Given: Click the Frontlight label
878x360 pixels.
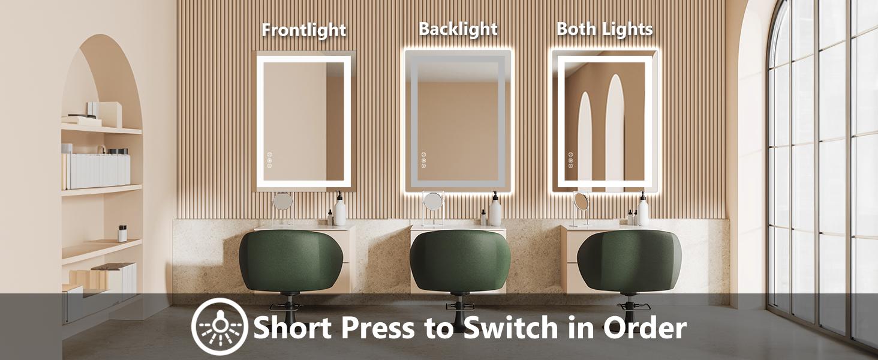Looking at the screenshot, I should (x=303, y=30).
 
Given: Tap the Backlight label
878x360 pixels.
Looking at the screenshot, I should (x=458, y=29).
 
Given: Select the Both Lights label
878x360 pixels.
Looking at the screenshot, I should (x=605, y=29).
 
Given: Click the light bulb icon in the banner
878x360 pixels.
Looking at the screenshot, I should (x=219, y=327).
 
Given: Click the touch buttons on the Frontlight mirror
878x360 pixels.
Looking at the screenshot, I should (x=270, y=160).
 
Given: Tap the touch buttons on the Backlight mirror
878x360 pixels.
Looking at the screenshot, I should (x=423, y=160).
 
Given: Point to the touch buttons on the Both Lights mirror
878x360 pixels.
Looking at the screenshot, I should (x=570, y=160).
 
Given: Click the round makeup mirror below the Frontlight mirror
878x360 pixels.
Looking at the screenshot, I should (x=282, y=202).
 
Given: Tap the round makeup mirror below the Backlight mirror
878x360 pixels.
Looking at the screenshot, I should (x=432, y=200).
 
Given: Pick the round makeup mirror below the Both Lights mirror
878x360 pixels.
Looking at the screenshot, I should (x=581, y=201).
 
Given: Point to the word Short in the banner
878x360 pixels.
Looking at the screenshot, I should (x=297, y=328).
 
